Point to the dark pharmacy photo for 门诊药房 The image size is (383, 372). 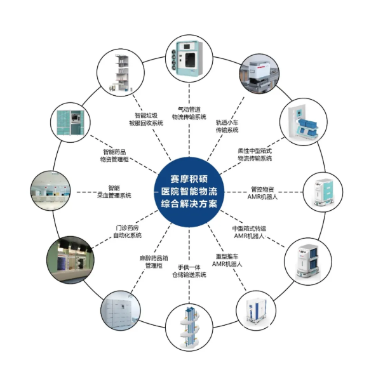click(x=70, y=260)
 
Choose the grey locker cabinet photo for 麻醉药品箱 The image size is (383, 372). click(x=122, y=310)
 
